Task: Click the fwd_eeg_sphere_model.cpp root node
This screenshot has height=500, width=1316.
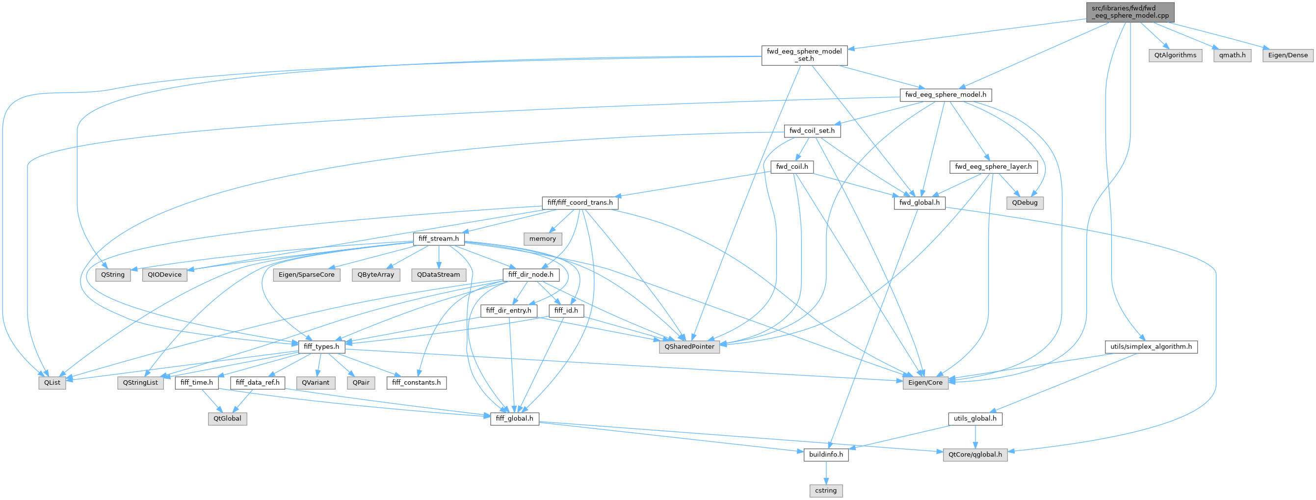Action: coord(1130,12)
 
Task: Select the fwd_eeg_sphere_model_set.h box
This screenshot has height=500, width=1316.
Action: coord(804,55)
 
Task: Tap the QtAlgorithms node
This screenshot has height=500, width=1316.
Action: coord(1175,55)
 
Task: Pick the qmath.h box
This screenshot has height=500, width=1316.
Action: coord(1232,55)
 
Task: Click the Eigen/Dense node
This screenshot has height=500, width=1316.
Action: coord(1288,55)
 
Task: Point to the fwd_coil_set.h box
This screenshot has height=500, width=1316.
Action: coord(812,131)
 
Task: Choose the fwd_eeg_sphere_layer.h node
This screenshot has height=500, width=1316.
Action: coord(993,166)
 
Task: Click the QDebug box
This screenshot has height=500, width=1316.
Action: coord(1025,203)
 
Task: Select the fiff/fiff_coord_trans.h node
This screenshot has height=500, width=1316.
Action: coord(580,203)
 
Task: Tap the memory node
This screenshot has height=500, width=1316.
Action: coord(543,238)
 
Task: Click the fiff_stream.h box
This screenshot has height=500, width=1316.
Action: coord(439,238)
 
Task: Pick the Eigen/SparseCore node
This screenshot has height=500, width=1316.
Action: coord(307,275)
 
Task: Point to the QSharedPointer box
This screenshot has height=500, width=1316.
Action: coord(689,347)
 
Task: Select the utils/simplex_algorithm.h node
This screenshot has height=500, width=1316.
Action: coord(1151,347)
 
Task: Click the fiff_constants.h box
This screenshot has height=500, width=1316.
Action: coord(417,383)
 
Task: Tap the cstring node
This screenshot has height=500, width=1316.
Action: coord(825,491)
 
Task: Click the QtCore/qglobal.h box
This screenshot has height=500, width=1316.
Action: coord(975,454)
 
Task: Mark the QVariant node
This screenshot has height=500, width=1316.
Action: coord(316,383)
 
